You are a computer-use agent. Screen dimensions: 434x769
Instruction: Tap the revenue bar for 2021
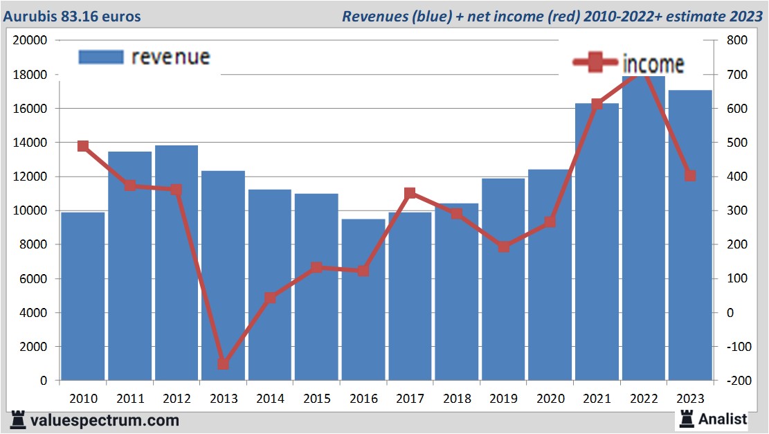point(597,242)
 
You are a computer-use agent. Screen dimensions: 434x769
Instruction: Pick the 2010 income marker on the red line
point(83,146)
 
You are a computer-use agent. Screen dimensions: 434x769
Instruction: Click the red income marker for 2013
point(223,364)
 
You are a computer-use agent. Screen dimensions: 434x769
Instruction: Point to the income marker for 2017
point(410,193)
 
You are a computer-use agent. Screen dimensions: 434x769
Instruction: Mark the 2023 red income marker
point(690,176)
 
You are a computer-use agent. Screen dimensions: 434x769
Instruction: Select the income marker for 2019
point(504,246)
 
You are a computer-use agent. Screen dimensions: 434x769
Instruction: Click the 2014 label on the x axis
point(270,399)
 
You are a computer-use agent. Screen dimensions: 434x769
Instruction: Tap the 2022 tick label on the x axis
point(643,399)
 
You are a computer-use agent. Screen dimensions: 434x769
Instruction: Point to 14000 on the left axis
point(30,143)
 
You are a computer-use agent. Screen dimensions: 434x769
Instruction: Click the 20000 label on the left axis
point(30,41)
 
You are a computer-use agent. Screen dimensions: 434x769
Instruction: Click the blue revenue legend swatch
point(101,57)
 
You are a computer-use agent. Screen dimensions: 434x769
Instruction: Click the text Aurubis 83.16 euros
point(72,16)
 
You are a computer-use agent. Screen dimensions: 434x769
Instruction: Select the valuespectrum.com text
point(105,420)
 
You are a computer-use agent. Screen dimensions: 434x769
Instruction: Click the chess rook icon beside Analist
point(687,418)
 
